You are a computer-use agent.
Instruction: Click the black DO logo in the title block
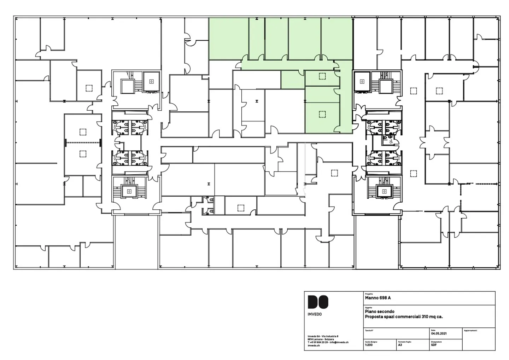click(x=318, y=302)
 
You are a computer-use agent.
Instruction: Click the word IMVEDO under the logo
click(x=315, y=314)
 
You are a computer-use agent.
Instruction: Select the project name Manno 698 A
click(x=378, y=298)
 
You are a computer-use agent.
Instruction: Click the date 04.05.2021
click(x=439, y=333)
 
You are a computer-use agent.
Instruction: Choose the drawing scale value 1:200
click(x=369, y=345)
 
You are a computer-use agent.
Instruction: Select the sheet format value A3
click(x=400, y=345)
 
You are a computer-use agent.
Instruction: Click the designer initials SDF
click(x=434, y=345)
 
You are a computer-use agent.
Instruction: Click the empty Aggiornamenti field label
click(x=470, y=330)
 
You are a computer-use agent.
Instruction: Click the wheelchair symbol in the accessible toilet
click(x=391, y=141)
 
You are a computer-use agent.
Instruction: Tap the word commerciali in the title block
click(x=408, y=317)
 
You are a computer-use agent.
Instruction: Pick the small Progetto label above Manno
click(x=369, y=294)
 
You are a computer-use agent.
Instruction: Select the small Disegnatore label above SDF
click(x=436, y=342)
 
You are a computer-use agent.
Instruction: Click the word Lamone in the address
click(x=319, y=339)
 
